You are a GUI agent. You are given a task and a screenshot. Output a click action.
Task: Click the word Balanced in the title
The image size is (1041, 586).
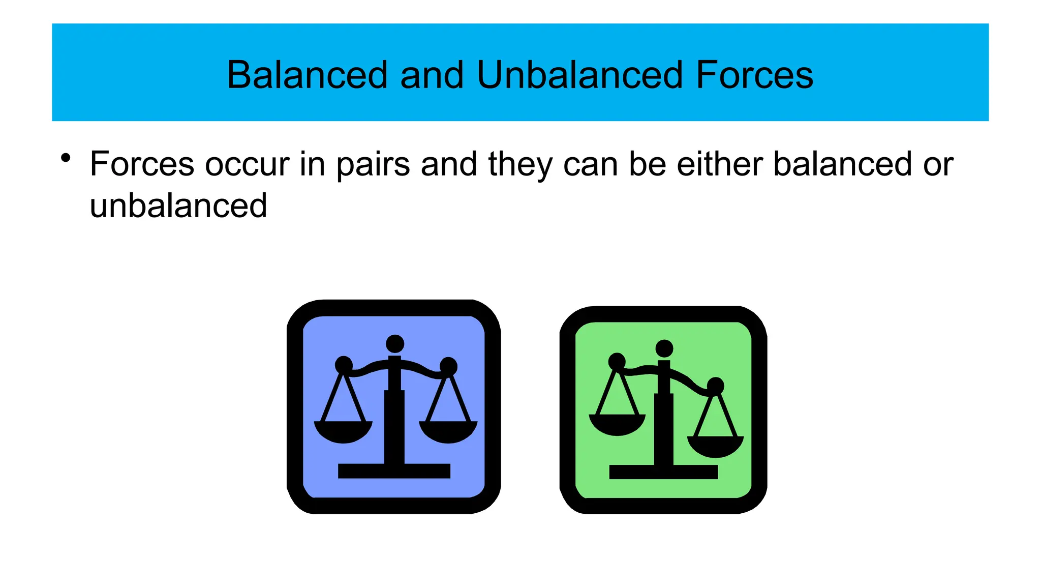point(307,75)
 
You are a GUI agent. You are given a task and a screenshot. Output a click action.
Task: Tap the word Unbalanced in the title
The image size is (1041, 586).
point(579,75)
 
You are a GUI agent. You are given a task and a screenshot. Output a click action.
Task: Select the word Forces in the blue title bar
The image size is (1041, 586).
point(754,75)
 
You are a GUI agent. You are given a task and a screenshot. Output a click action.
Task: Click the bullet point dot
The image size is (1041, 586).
point(65,158)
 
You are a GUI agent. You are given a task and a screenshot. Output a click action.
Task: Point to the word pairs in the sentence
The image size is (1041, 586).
point(373,165)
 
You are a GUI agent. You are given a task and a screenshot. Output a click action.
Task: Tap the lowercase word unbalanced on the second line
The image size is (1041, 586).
point(178,206)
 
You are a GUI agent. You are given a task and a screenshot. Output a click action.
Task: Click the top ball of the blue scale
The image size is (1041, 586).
point(395,344)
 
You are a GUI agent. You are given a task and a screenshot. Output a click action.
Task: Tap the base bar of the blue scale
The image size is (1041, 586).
point(394,471)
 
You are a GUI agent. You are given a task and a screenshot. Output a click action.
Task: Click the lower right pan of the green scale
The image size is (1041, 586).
point(715,446)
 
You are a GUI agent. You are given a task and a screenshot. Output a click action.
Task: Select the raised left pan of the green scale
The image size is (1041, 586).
point(617,424)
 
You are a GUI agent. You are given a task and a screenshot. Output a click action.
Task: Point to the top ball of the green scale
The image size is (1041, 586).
point(664,348)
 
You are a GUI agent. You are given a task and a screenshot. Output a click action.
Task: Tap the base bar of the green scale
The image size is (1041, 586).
point(663,472)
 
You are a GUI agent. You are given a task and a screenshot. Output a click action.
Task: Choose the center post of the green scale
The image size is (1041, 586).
point(663,427)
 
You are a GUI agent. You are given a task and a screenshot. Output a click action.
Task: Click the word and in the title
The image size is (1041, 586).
point(432,75)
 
